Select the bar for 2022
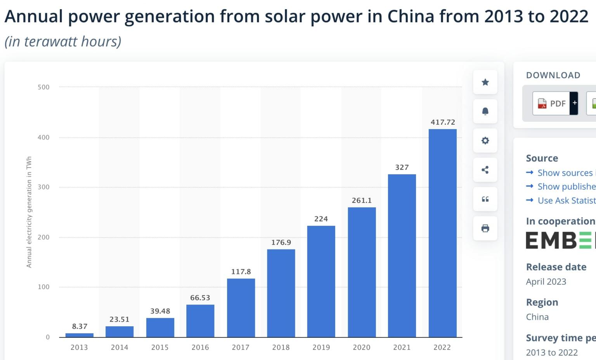point(442,233)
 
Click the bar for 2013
point(79,335)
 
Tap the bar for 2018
point(281,293)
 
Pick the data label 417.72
point(443,122)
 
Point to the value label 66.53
point(200,298)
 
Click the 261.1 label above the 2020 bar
point(362,201)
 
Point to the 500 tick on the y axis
point(43,87)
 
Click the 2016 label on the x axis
point(200,348)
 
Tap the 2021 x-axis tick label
point(402,348)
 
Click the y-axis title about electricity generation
point(29,212)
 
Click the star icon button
point(485,82)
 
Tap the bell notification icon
point(485,111)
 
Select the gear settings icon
point(485,140)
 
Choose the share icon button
point(485,170)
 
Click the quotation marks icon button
point(485,199)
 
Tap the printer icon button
point(485,228)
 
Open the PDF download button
point(552,104)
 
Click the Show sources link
point(565,173)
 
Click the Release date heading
point(556,267)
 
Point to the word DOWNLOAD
point(553,75)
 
